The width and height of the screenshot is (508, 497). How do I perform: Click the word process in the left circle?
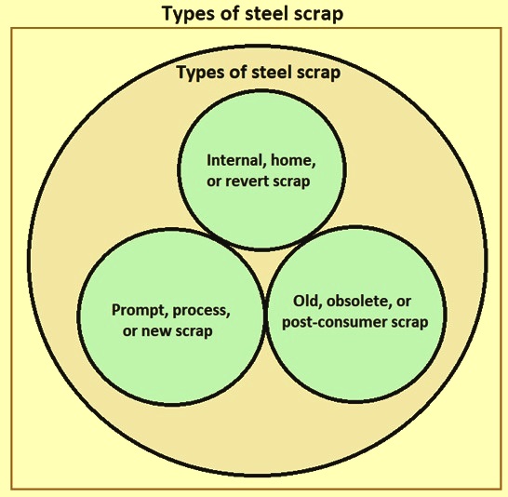[x=201, y=311]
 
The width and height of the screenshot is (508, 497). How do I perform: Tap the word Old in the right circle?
[x=307, y=302]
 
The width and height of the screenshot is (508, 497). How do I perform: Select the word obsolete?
[x=358, y=302]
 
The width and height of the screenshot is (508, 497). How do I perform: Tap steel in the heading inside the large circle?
[x=271, y=72]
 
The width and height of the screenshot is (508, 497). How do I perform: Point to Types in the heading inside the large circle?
[x=199, y=73]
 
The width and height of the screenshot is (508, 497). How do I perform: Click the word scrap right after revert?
[x=291, y=181]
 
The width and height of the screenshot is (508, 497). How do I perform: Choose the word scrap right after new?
[x=194, y=331]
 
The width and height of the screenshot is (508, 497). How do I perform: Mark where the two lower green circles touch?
[x=266, y=316]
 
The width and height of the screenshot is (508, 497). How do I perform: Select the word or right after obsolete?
[x=404, y=302]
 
